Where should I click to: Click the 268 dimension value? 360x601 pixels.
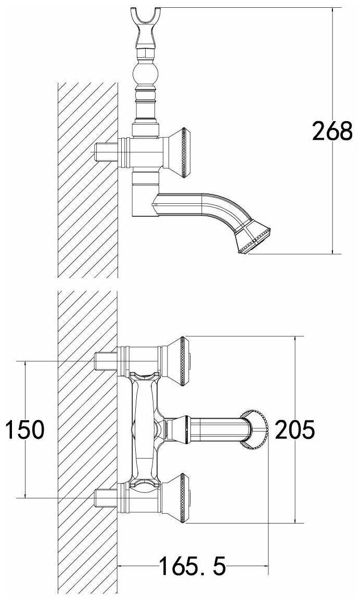click(x=332, y=130)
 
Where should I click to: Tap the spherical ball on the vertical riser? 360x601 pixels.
click(x=145, y=74)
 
